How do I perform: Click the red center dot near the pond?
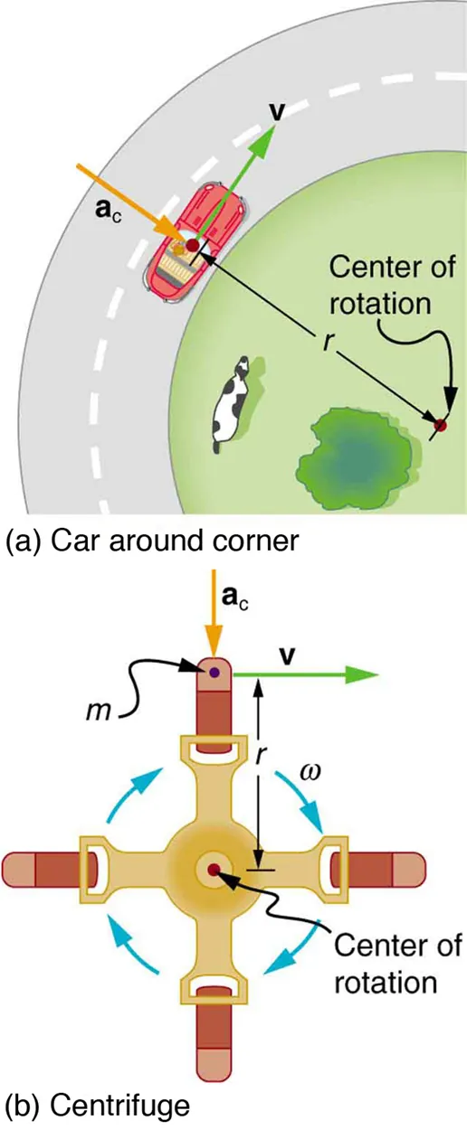[441, 425]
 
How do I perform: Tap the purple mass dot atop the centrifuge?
[214, 673]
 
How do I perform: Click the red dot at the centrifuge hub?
[214, 870]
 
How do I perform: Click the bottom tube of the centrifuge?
[214, 1040]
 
